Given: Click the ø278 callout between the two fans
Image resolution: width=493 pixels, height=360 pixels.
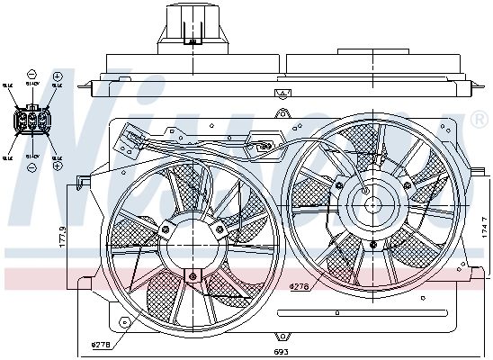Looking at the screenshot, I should [300, 286].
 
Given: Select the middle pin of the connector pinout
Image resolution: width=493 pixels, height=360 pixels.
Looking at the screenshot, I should [31, 120].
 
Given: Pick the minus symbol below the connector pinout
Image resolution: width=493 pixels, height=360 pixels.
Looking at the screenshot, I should [31, 168].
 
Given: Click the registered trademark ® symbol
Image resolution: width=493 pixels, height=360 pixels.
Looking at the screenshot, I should [478, 119].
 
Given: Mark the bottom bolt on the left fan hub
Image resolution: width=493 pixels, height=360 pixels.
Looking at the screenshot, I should [191, 274].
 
